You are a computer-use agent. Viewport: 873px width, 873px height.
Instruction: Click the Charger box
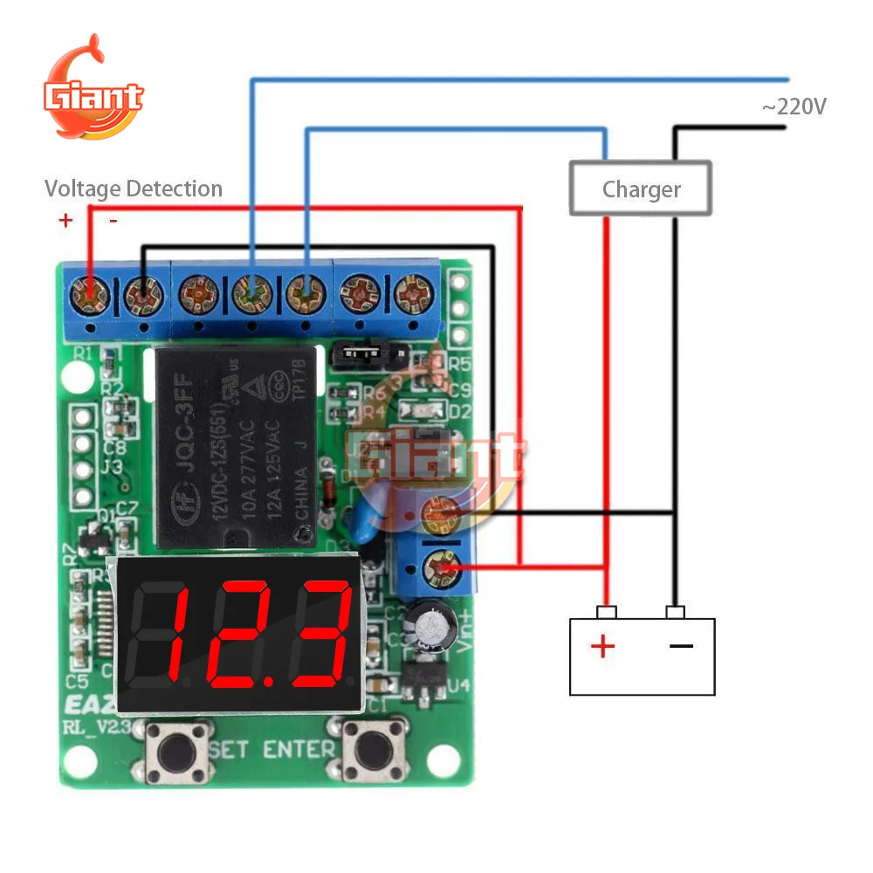[641, 188]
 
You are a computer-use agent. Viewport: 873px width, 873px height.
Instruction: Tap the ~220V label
[794, 107]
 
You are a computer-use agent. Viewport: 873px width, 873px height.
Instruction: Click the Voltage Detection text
[134, 189]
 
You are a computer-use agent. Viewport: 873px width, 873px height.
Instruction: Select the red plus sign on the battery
[603, 647]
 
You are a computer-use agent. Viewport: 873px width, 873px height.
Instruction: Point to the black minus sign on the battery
[681, 647]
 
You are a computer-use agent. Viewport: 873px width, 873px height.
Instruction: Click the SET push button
[179, 752]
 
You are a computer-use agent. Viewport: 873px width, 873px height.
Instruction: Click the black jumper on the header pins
[357, 354]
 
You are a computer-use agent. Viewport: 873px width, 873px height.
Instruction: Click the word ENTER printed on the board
[299, 749]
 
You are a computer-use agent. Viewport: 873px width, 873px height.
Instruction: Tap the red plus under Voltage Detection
[65, 220]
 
